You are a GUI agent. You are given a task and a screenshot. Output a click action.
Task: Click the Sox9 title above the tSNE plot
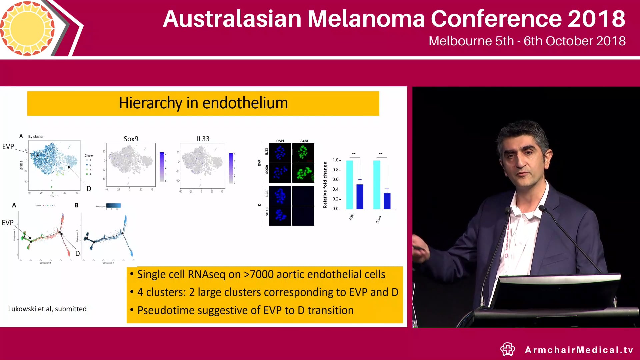click(x=131, y=139)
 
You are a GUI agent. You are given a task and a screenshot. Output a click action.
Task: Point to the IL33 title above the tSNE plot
click(x=203, y=139)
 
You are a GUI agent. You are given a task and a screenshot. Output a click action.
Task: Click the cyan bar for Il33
click(x=349, y=185)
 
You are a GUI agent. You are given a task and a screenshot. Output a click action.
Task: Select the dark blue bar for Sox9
click(x=387, y=201)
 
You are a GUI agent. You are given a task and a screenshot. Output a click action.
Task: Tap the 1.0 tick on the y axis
click(x=335, y=160)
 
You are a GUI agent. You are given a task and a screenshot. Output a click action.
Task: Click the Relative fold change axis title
click(x=325, y=185)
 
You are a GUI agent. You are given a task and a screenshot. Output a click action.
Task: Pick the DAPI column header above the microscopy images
click(x=280, y=141)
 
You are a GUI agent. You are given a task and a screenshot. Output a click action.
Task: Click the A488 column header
click(x=304, y=141)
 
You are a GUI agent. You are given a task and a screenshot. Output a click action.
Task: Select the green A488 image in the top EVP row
click(x=303, y=153)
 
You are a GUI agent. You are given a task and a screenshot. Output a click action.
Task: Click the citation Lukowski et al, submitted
click(x=47, y=309)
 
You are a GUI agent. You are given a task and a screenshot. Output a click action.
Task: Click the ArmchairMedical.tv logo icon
click(x=507, y=349)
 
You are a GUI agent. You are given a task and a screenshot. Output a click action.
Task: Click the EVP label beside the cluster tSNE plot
click(x=8, y=147)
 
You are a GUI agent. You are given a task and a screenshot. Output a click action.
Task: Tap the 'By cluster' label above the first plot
click(x=36, y=137)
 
